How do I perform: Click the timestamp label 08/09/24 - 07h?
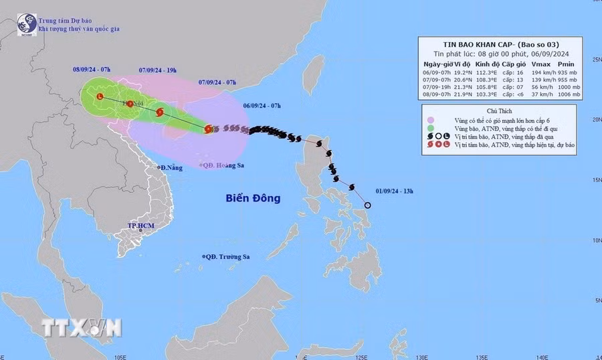(92, 69)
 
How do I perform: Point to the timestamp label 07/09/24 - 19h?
(159, 69)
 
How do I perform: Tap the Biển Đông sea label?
(253, 199)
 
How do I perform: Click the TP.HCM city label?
(141, 226)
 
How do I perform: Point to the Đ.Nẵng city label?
(171, 167)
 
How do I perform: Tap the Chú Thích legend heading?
(499, 109)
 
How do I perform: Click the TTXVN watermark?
(82, 327)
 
